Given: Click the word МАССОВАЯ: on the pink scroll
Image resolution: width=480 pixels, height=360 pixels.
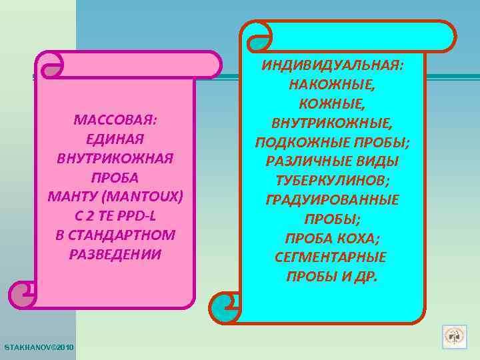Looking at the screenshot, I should (115, 121).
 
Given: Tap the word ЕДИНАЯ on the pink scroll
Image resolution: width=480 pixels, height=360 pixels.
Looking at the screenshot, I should (115, 139).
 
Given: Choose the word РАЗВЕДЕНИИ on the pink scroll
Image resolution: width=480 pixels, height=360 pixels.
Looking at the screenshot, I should (115, 254).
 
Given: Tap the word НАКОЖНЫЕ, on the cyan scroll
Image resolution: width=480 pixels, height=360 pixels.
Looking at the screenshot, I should (332, 85).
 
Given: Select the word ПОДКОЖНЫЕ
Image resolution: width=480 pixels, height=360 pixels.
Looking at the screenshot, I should (305, 143).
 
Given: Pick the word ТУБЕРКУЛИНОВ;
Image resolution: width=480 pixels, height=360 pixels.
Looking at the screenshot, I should (332, 181).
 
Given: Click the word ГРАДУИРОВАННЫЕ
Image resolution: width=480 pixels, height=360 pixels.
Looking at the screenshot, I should (332, 200).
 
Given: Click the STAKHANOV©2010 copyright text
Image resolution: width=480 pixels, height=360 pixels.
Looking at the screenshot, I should (39, 348).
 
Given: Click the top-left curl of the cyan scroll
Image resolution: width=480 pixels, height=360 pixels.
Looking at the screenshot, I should (256, 35).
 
